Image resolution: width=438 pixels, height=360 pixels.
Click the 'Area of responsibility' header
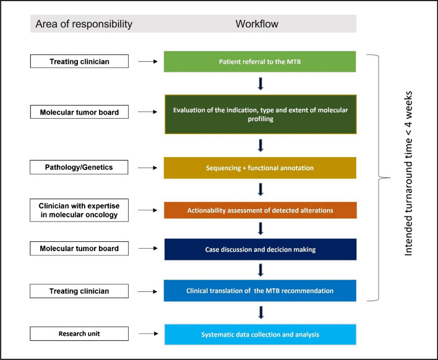[82, 24]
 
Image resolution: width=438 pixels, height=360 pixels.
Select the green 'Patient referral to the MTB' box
[259, 61]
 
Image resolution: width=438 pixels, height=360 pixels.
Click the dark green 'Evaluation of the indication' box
[259, 113]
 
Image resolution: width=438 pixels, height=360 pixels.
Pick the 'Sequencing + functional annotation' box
[259, 168]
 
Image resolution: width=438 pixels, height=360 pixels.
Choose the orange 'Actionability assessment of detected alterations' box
[259, 210]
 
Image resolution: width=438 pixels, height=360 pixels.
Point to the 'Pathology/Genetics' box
[80, 167]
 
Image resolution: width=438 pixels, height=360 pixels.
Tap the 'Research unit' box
[80, 333]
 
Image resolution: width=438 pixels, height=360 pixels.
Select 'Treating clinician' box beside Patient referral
[80, 61]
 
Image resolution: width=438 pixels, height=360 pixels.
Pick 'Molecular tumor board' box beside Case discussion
[80, 248]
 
